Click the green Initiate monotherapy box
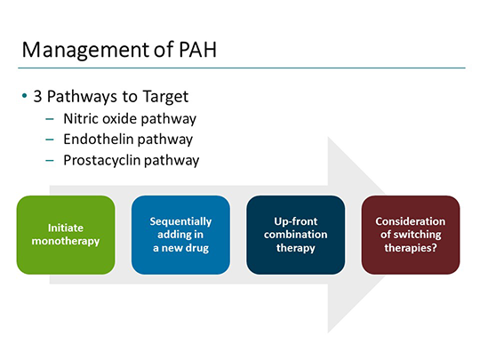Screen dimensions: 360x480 [66, 235]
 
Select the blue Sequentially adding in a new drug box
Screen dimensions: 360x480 [180, 235]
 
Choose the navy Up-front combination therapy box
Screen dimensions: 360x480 [295, 235]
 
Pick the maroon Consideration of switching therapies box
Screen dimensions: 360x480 [411, 235]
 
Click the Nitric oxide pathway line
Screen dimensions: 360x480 [129, 118]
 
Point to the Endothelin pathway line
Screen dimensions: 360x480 [127, 140]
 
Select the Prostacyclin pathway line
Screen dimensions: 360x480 [131, 161]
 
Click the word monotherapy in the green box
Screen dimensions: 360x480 [66, 241]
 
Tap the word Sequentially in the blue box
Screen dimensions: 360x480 [180, 221]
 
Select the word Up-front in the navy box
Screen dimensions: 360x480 [295, 221]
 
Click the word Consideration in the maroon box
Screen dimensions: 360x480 [411, 221]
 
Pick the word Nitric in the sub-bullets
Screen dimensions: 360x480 [80, 118]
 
